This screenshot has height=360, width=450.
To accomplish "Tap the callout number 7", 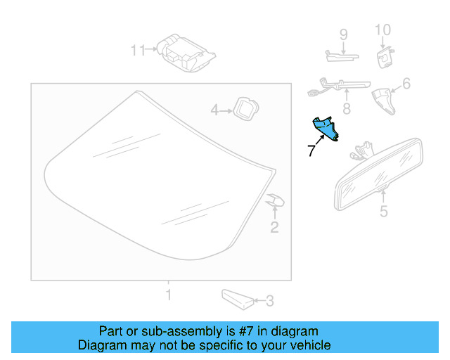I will pos(311,150).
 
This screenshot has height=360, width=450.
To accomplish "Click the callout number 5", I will pos(383,211).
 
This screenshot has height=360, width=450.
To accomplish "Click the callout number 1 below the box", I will pos(167,293).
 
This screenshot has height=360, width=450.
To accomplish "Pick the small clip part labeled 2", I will pos(275,202).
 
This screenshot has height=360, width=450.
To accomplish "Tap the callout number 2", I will pos(274,226).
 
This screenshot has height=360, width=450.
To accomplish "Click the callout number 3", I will pos(269,302).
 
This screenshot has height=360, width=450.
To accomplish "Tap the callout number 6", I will pos(406,84).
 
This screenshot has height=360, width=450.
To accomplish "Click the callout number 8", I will pos(346,109).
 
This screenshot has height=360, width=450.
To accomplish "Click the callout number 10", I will pos(382,30).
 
